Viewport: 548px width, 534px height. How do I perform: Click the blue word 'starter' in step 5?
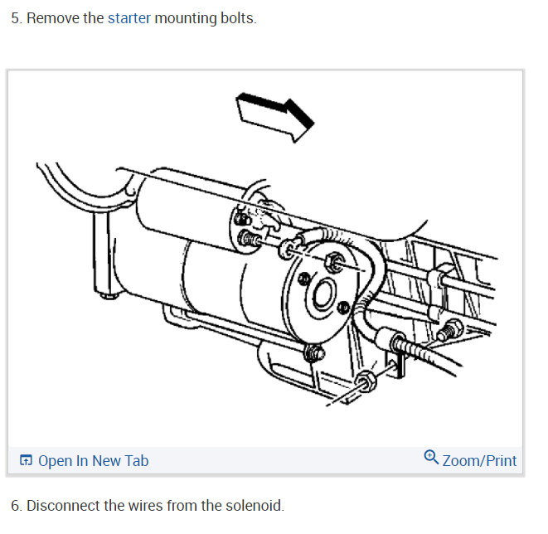coord(129,18)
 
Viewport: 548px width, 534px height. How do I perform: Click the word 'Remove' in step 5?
coord(52,18)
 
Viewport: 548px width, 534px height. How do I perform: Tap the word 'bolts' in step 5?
coord(237,18)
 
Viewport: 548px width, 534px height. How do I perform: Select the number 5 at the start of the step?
coord(14,18)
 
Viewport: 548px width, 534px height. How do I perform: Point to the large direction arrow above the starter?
coord(274,115)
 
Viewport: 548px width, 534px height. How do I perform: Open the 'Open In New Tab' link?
coord(93,461)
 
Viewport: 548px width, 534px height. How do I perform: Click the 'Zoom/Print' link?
coord(478,461)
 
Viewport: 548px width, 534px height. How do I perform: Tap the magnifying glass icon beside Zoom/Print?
coord(431,458)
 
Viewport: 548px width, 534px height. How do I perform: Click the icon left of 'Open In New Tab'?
coord(27,461)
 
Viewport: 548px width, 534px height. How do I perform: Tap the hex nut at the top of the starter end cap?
coord(336,263)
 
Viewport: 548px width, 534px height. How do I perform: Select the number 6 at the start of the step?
coord(14,505)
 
